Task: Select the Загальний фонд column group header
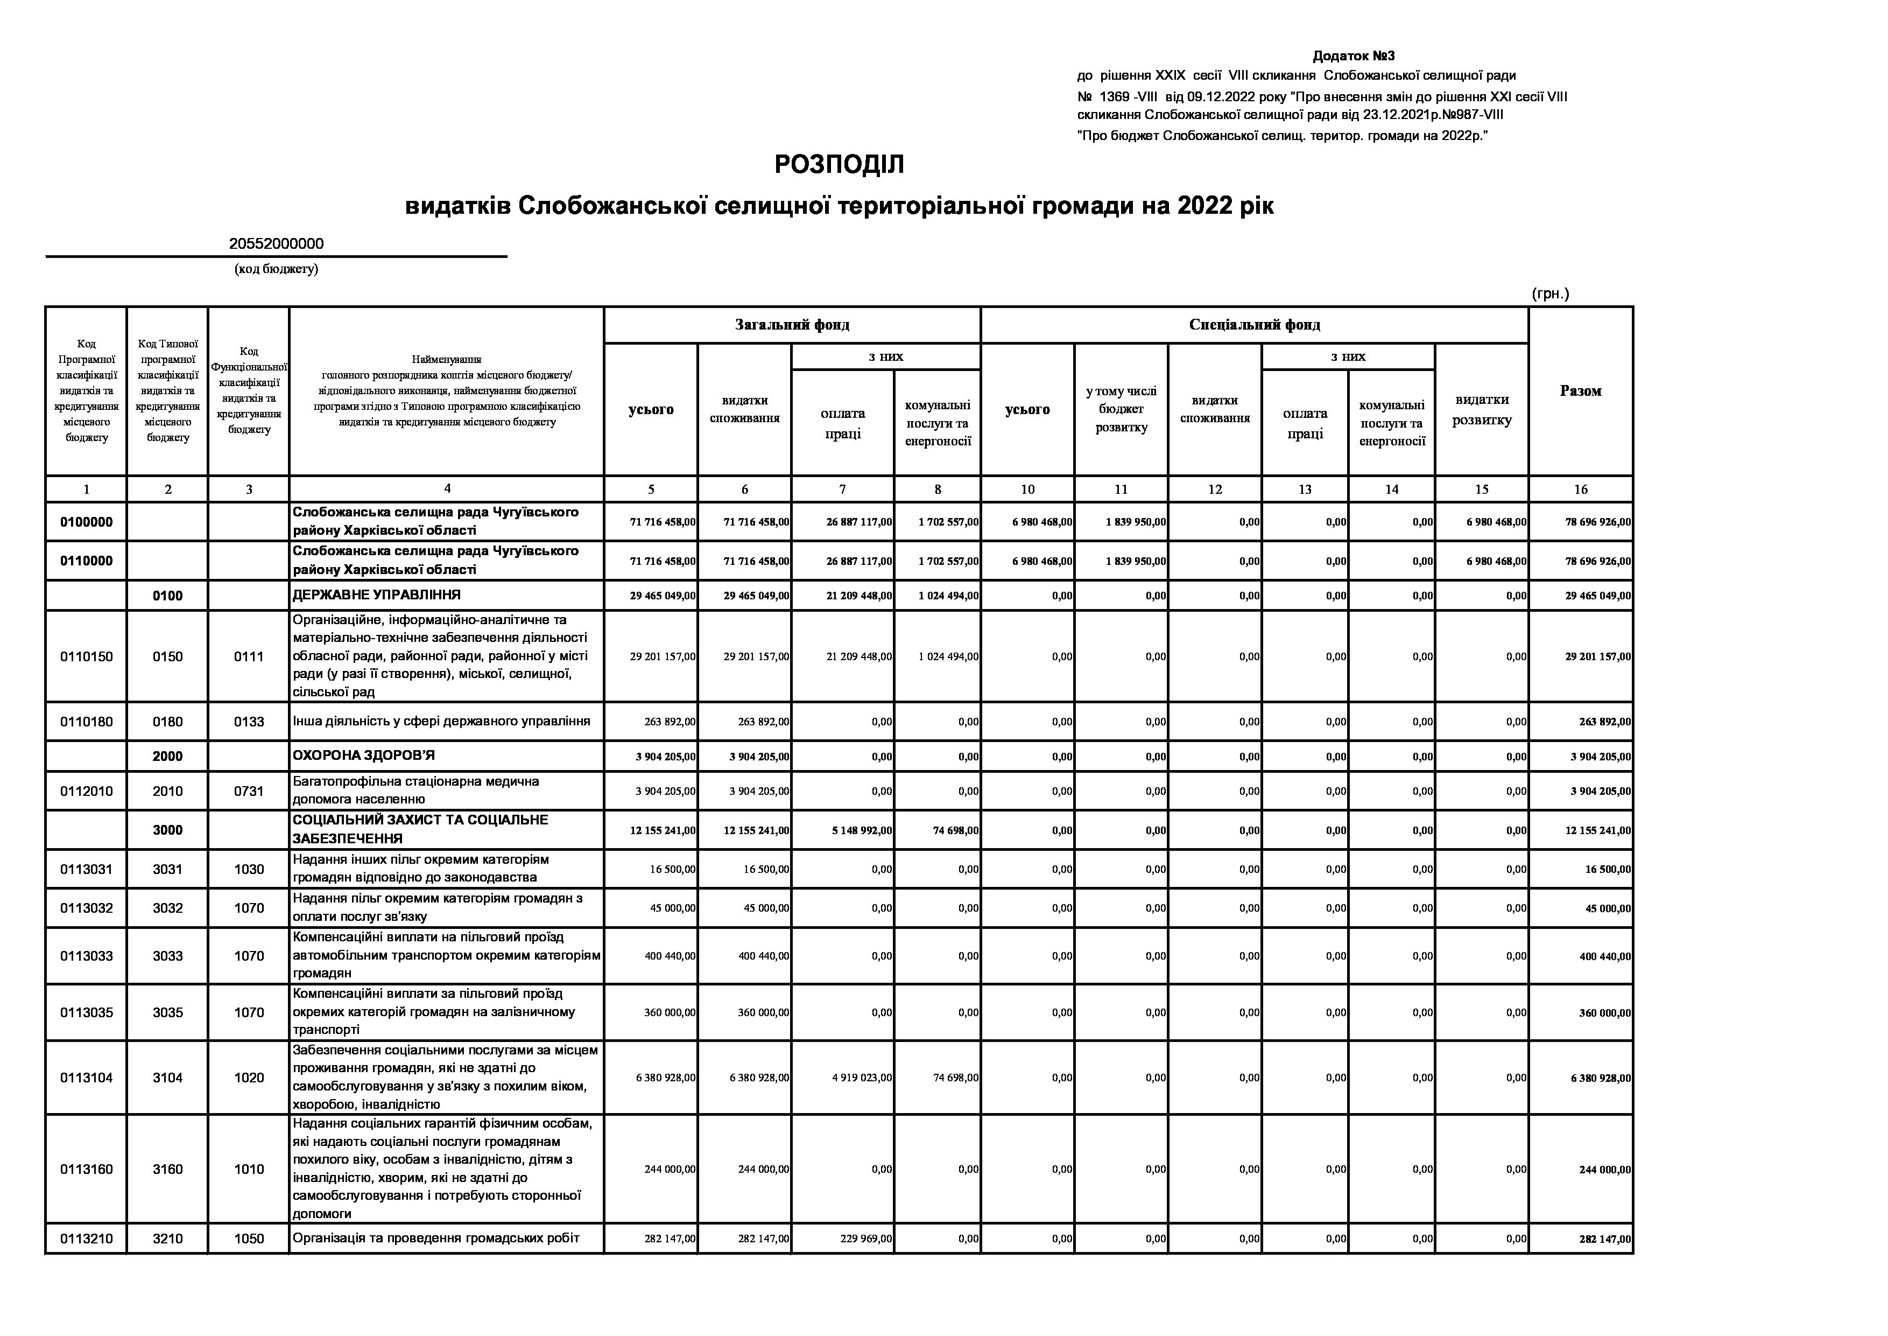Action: click(x=792, y=325)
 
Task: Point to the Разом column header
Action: click(x=1580, y=391)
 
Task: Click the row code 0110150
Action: click(x=86, y=656)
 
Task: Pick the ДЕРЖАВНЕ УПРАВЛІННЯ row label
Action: click(x=377, y=595)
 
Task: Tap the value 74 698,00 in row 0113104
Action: click(x=955, y=1078)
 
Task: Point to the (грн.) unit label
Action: click(x=1550, y=293)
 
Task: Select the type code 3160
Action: click(x=168, y=1169)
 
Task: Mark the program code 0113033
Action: click(x=86, y=956)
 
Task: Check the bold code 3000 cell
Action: click(x=168, y=830)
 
